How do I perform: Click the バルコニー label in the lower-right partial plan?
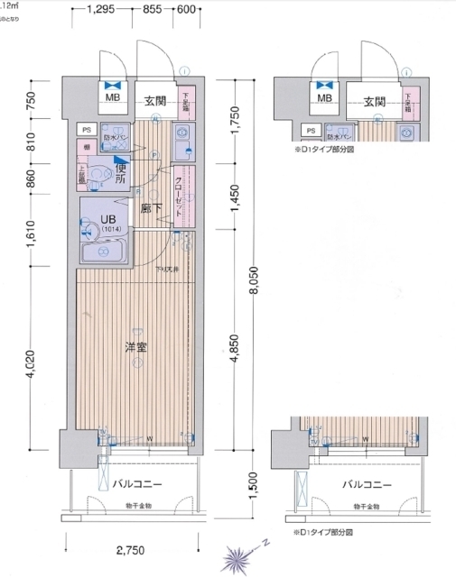[368, 484]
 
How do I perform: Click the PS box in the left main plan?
[88, 129]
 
